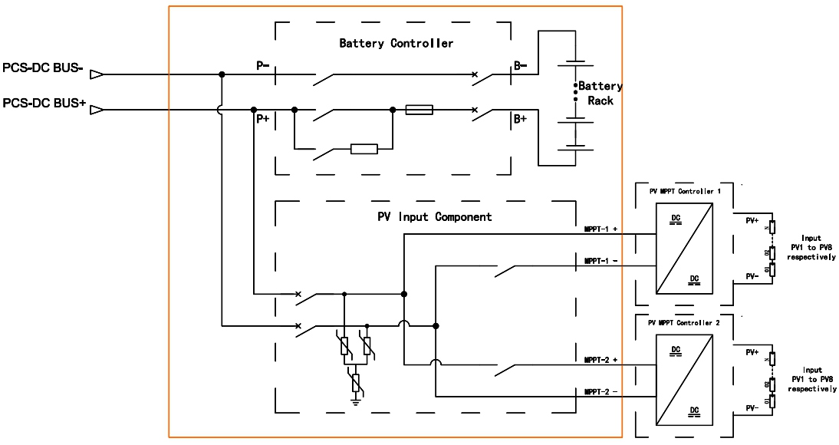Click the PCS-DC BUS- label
(x=43, y=68)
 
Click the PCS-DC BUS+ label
(x=44, y=103)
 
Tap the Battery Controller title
(x=396, y=43)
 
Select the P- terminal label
(x=262, y=66)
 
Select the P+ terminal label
(x=262, y=119)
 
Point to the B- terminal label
(x=521, y=66)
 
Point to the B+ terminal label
(x=521, y=119)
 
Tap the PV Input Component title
(x=434, y=216)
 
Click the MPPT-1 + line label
(x=600, y=229)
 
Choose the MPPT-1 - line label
(x=600, y=261)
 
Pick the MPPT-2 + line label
(x=600, y=359)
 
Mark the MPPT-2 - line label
(x=600, y=391)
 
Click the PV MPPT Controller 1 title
(x=685, y=189)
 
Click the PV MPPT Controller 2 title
(x=685, y=323)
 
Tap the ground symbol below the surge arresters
(x=356, y=400)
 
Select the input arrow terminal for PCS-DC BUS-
(x=97, y=74)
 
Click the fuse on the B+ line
(x=419, y=110)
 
